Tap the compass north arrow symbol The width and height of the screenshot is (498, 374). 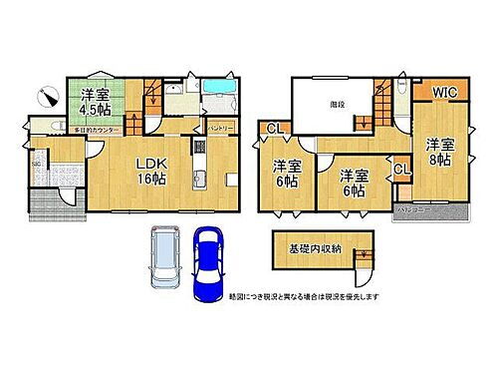(44, 96)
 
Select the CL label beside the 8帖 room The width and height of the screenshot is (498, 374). (401, 171)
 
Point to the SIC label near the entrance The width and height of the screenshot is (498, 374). (35, 163)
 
